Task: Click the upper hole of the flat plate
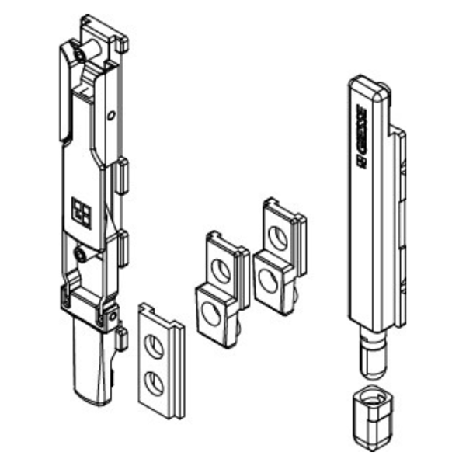(155, 346)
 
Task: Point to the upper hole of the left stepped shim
(221, 270)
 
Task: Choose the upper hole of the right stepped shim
(278, 237)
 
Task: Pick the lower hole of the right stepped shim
(269, 280)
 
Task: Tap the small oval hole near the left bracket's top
(111, 116)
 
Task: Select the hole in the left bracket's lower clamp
(113, 318)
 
